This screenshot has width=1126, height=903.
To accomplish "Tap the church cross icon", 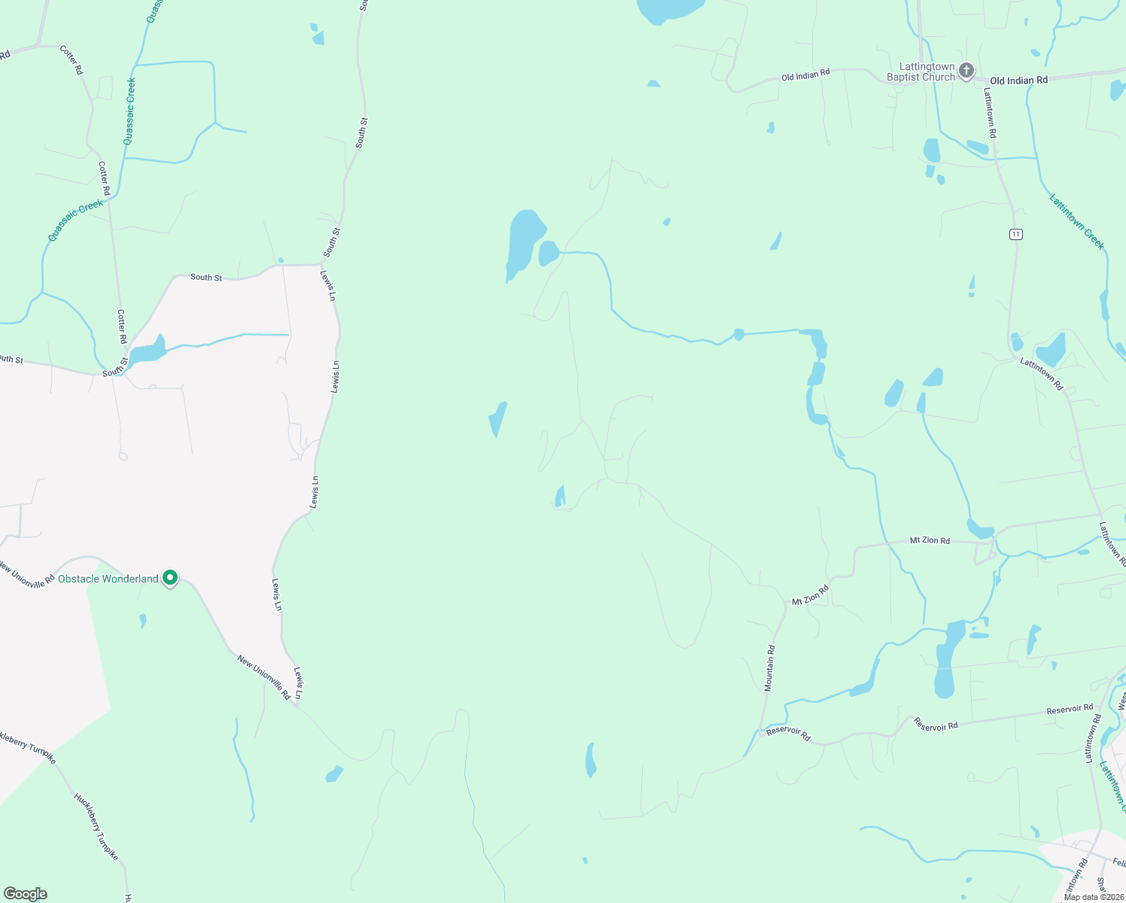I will click(x=966, y=71).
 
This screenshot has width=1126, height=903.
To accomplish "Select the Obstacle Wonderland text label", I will click(x=108, y=579).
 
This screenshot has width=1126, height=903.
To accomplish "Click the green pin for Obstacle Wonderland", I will click(x=171, y=578).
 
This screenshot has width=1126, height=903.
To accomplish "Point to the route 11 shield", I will click(x=1016, y=234).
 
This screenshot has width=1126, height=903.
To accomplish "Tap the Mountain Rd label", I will click(x=769, y=668).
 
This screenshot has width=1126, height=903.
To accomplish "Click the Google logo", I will click(x=25, y=894).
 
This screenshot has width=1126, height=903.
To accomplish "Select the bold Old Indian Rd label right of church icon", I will click(x=1018, y=81).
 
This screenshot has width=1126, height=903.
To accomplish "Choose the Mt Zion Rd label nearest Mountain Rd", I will click(x=810, y=594).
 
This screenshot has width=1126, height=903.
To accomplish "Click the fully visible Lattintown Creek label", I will click(x=1077, y=222).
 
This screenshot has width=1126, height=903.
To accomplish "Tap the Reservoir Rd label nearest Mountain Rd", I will click(x=788, y=734).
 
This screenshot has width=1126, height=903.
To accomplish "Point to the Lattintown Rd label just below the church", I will click(x=991, y=113).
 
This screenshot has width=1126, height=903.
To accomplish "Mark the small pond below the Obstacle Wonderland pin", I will click(x=142, y=620).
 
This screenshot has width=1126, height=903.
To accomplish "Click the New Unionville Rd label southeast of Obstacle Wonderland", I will click(x=263, y=676).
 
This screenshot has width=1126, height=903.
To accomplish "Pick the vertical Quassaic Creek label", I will click(x=130, y=111).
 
